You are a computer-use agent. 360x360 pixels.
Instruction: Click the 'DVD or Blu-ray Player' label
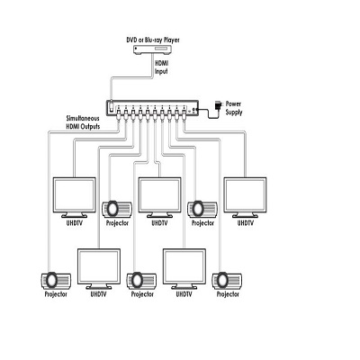point(153,40)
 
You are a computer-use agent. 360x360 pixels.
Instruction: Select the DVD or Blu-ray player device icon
point(153,49)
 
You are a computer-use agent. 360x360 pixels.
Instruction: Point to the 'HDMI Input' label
point(161,67)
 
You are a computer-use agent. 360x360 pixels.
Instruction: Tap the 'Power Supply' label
point(234,108)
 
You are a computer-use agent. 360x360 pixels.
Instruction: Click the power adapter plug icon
point(218,106)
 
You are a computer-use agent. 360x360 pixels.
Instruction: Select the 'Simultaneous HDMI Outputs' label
point(83,122)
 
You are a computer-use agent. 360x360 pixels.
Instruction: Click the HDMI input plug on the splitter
point(112,106)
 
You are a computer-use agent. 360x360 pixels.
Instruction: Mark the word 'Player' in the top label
point(171,40)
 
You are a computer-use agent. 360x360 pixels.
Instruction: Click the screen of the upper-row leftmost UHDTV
point(74,195)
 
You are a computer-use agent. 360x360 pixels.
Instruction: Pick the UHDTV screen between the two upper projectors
point(159,195)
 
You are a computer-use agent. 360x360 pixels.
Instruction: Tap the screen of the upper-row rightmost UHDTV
point(245,195)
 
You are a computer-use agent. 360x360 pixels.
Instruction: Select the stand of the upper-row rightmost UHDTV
point(245,215)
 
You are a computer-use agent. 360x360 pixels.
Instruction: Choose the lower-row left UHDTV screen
point(99,266)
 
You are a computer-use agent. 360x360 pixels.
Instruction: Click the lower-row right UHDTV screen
point(184,266)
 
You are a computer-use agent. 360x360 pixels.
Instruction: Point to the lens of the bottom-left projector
point(51,280)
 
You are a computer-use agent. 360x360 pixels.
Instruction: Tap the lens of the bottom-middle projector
point(137,280)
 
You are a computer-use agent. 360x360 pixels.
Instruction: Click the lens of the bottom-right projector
point(222,280)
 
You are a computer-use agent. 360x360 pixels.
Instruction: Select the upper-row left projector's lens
point(112,209)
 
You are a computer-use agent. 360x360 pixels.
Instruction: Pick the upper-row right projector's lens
point(198,209)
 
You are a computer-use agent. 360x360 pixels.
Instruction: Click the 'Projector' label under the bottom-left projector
point(56,294)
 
